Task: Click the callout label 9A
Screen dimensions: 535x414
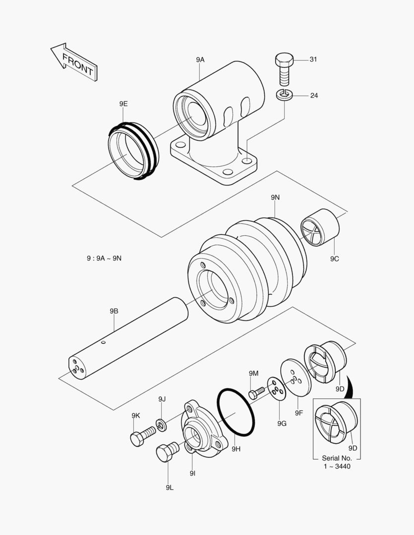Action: (x=200, y=59)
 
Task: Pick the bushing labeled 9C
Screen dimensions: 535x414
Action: (x=320, y=227)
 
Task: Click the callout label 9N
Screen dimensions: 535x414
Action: (x=275, y=197)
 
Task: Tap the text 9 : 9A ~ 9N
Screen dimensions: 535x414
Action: (x=104, y=258)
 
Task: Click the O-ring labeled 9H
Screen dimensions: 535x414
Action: (x=236, y=412)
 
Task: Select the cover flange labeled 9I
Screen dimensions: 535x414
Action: (x=199, y=429)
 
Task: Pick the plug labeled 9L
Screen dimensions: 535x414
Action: (x=167, y=451)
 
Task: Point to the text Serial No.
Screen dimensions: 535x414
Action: (x=337, y=458)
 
